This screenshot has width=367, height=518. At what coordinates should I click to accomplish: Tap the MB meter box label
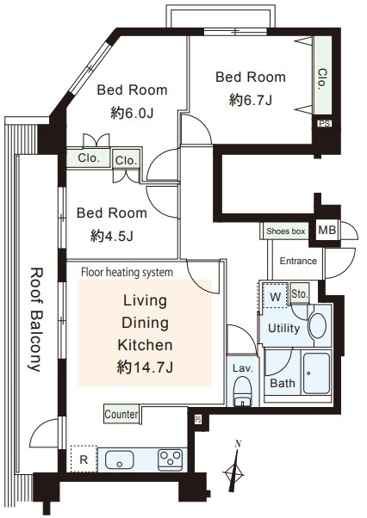pos(327,230)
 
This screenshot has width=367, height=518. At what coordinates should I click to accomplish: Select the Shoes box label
pos(286,231)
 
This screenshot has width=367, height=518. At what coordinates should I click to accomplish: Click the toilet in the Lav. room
pos(242,391)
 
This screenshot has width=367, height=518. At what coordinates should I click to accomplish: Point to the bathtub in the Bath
pos(316,373)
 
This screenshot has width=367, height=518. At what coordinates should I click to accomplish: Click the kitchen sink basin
pos(120,459)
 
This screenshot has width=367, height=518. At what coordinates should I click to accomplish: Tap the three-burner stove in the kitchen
pos(171,459)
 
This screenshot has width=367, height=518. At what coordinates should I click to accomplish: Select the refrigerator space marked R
pos(84,459)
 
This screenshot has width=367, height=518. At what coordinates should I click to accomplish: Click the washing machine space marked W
pos(275,296)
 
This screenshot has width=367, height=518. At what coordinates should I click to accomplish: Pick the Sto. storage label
pos(300,293)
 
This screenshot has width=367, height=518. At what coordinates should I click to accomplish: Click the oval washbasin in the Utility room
pos(318,325)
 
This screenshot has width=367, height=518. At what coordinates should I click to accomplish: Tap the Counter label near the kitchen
pos(121,414)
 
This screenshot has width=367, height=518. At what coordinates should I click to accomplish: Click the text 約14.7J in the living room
pos(145,367)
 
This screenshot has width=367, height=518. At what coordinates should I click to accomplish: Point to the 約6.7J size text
pos(251,100)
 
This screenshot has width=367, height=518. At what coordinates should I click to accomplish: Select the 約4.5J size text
pos(112,236)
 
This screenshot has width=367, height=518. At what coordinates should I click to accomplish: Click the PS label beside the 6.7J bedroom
pos(324,124)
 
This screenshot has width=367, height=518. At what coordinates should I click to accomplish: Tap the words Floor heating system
pos(127,272)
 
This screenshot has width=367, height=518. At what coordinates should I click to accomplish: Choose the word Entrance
pos(298,261)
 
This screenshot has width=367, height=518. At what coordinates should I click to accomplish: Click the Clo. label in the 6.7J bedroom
pos(322,79)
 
